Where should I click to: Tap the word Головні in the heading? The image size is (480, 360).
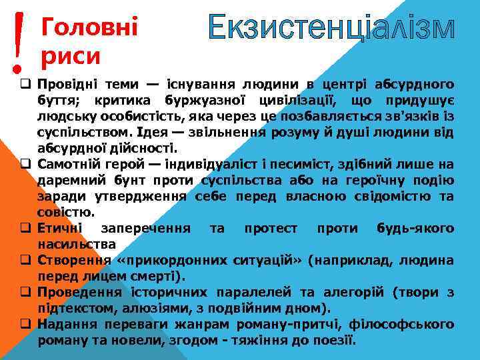coord(89,27)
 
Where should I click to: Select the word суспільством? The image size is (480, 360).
coord(84,132)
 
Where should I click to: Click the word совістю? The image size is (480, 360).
coord(65,213)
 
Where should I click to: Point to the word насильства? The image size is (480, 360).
coord(77,245)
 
